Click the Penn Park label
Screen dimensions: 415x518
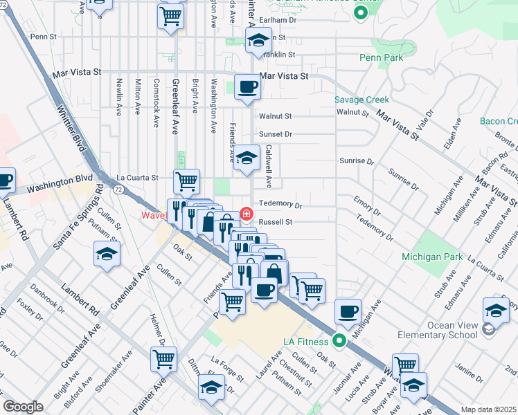[381, 58]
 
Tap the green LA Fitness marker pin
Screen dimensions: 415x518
[339, 340]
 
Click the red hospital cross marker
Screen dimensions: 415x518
[246, 212]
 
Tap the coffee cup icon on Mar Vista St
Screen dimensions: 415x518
[247, 87]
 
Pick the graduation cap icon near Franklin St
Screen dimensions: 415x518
[258, 41]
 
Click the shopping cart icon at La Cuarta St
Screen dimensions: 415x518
[186, 181]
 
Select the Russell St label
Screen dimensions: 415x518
[276, 222]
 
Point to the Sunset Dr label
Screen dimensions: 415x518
[276, 134]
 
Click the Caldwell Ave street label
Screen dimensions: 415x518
[269, 166]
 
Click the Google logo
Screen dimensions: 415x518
[23, 407]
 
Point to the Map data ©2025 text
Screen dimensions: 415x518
[488, 409]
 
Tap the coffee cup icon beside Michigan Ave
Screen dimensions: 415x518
[348, 311]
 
